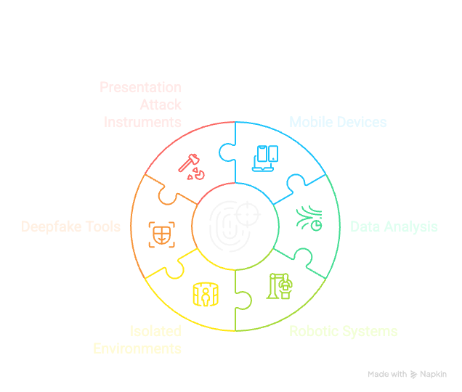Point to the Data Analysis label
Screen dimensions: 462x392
click(394, 226)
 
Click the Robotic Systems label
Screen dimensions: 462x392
click(343, 332)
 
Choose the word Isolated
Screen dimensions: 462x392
click(155, 332)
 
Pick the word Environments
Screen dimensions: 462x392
click(137, 348)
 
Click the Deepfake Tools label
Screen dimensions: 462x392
click(71, 226)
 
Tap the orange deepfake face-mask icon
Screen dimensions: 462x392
click(161, 233)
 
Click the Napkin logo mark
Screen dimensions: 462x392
click(414, 375)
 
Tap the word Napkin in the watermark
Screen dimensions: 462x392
click(434, 375)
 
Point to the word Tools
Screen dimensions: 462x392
click(103, 226)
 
